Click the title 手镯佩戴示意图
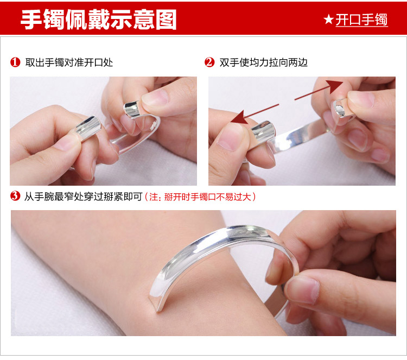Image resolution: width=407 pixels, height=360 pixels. point(99,20)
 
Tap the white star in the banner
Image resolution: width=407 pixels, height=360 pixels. point(328,20)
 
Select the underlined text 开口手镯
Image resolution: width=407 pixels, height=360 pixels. point(361,20)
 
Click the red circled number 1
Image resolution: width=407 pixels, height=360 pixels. point(15,62)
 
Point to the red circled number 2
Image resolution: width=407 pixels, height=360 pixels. point(209,62)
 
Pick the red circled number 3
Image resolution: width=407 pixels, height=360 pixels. point(15,196)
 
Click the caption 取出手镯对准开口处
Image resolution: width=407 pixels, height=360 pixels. point(69,62)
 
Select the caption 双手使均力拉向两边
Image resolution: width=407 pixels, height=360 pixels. point(263,62)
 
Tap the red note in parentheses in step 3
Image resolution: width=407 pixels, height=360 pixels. point(200,197)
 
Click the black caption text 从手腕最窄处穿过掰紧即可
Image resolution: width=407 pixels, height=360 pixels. point(84,197)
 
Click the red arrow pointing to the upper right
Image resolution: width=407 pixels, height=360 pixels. point(319,90)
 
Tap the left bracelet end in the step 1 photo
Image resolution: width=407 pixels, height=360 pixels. point(88,128)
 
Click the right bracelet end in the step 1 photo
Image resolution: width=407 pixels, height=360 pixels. point(132,109)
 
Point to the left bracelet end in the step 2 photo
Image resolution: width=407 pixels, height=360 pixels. point(263,131)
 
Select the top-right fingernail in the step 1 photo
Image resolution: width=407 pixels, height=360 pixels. point(155,97)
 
